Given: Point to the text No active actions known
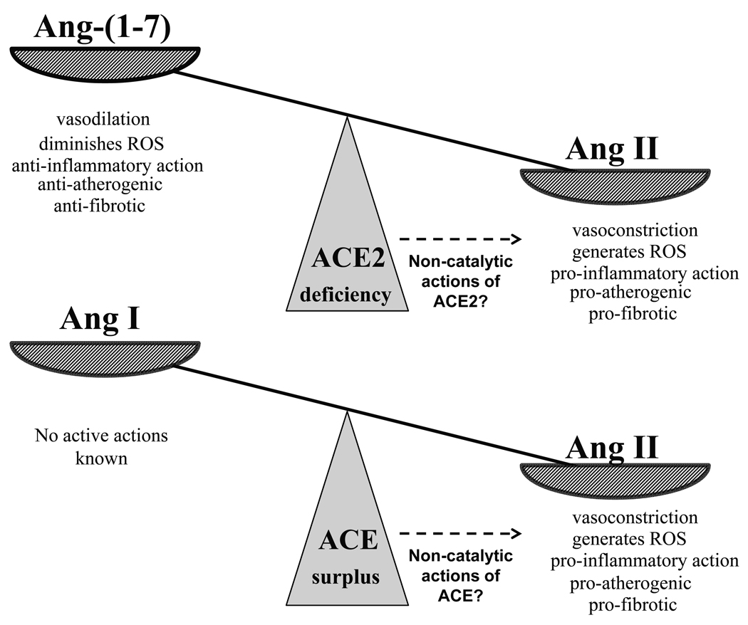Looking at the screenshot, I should coord(102,446).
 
